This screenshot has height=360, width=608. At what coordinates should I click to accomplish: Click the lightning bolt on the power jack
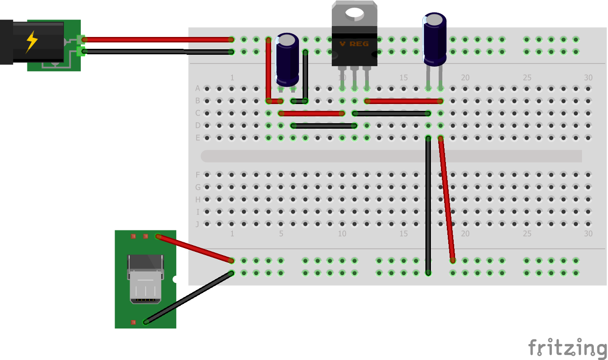tap(31, 42)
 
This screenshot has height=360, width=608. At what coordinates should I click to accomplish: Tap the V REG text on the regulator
tap(354, 44)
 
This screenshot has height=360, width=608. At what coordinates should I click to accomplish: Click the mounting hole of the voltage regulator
tap(354, 12)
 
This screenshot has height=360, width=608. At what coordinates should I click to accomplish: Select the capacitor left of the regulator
tap(288, 59)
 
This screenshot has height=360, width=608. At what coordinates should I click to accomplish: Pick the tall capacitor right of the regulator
tap(434, 39)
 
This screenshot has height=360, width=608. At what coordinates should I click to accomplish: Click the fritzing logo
tap(567, 348)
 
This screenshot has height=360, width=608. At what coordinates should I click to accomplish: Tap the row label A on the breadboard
tap(198, 88)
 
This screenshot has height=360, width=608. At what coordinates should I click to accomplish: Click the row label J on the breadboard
tap(198, 224)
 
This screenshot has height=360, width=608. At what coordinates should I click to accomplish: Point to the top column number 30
tap(588, 78)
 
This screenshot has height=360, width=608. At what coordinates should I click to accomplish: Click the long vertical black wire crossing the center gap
tap(428, 205)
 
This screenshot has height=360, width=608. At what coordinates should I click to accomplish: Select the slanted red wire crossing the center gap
tap(446, 198)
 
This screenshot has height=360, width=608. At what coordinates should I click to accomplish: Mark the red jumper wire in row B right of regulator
tap(404, 101)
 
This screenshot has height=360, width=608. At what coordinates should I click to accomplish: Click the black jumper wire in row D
tap(324, 125)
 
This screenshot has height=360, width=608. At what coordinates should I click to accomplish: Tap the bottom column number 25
tap(527, 234)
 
